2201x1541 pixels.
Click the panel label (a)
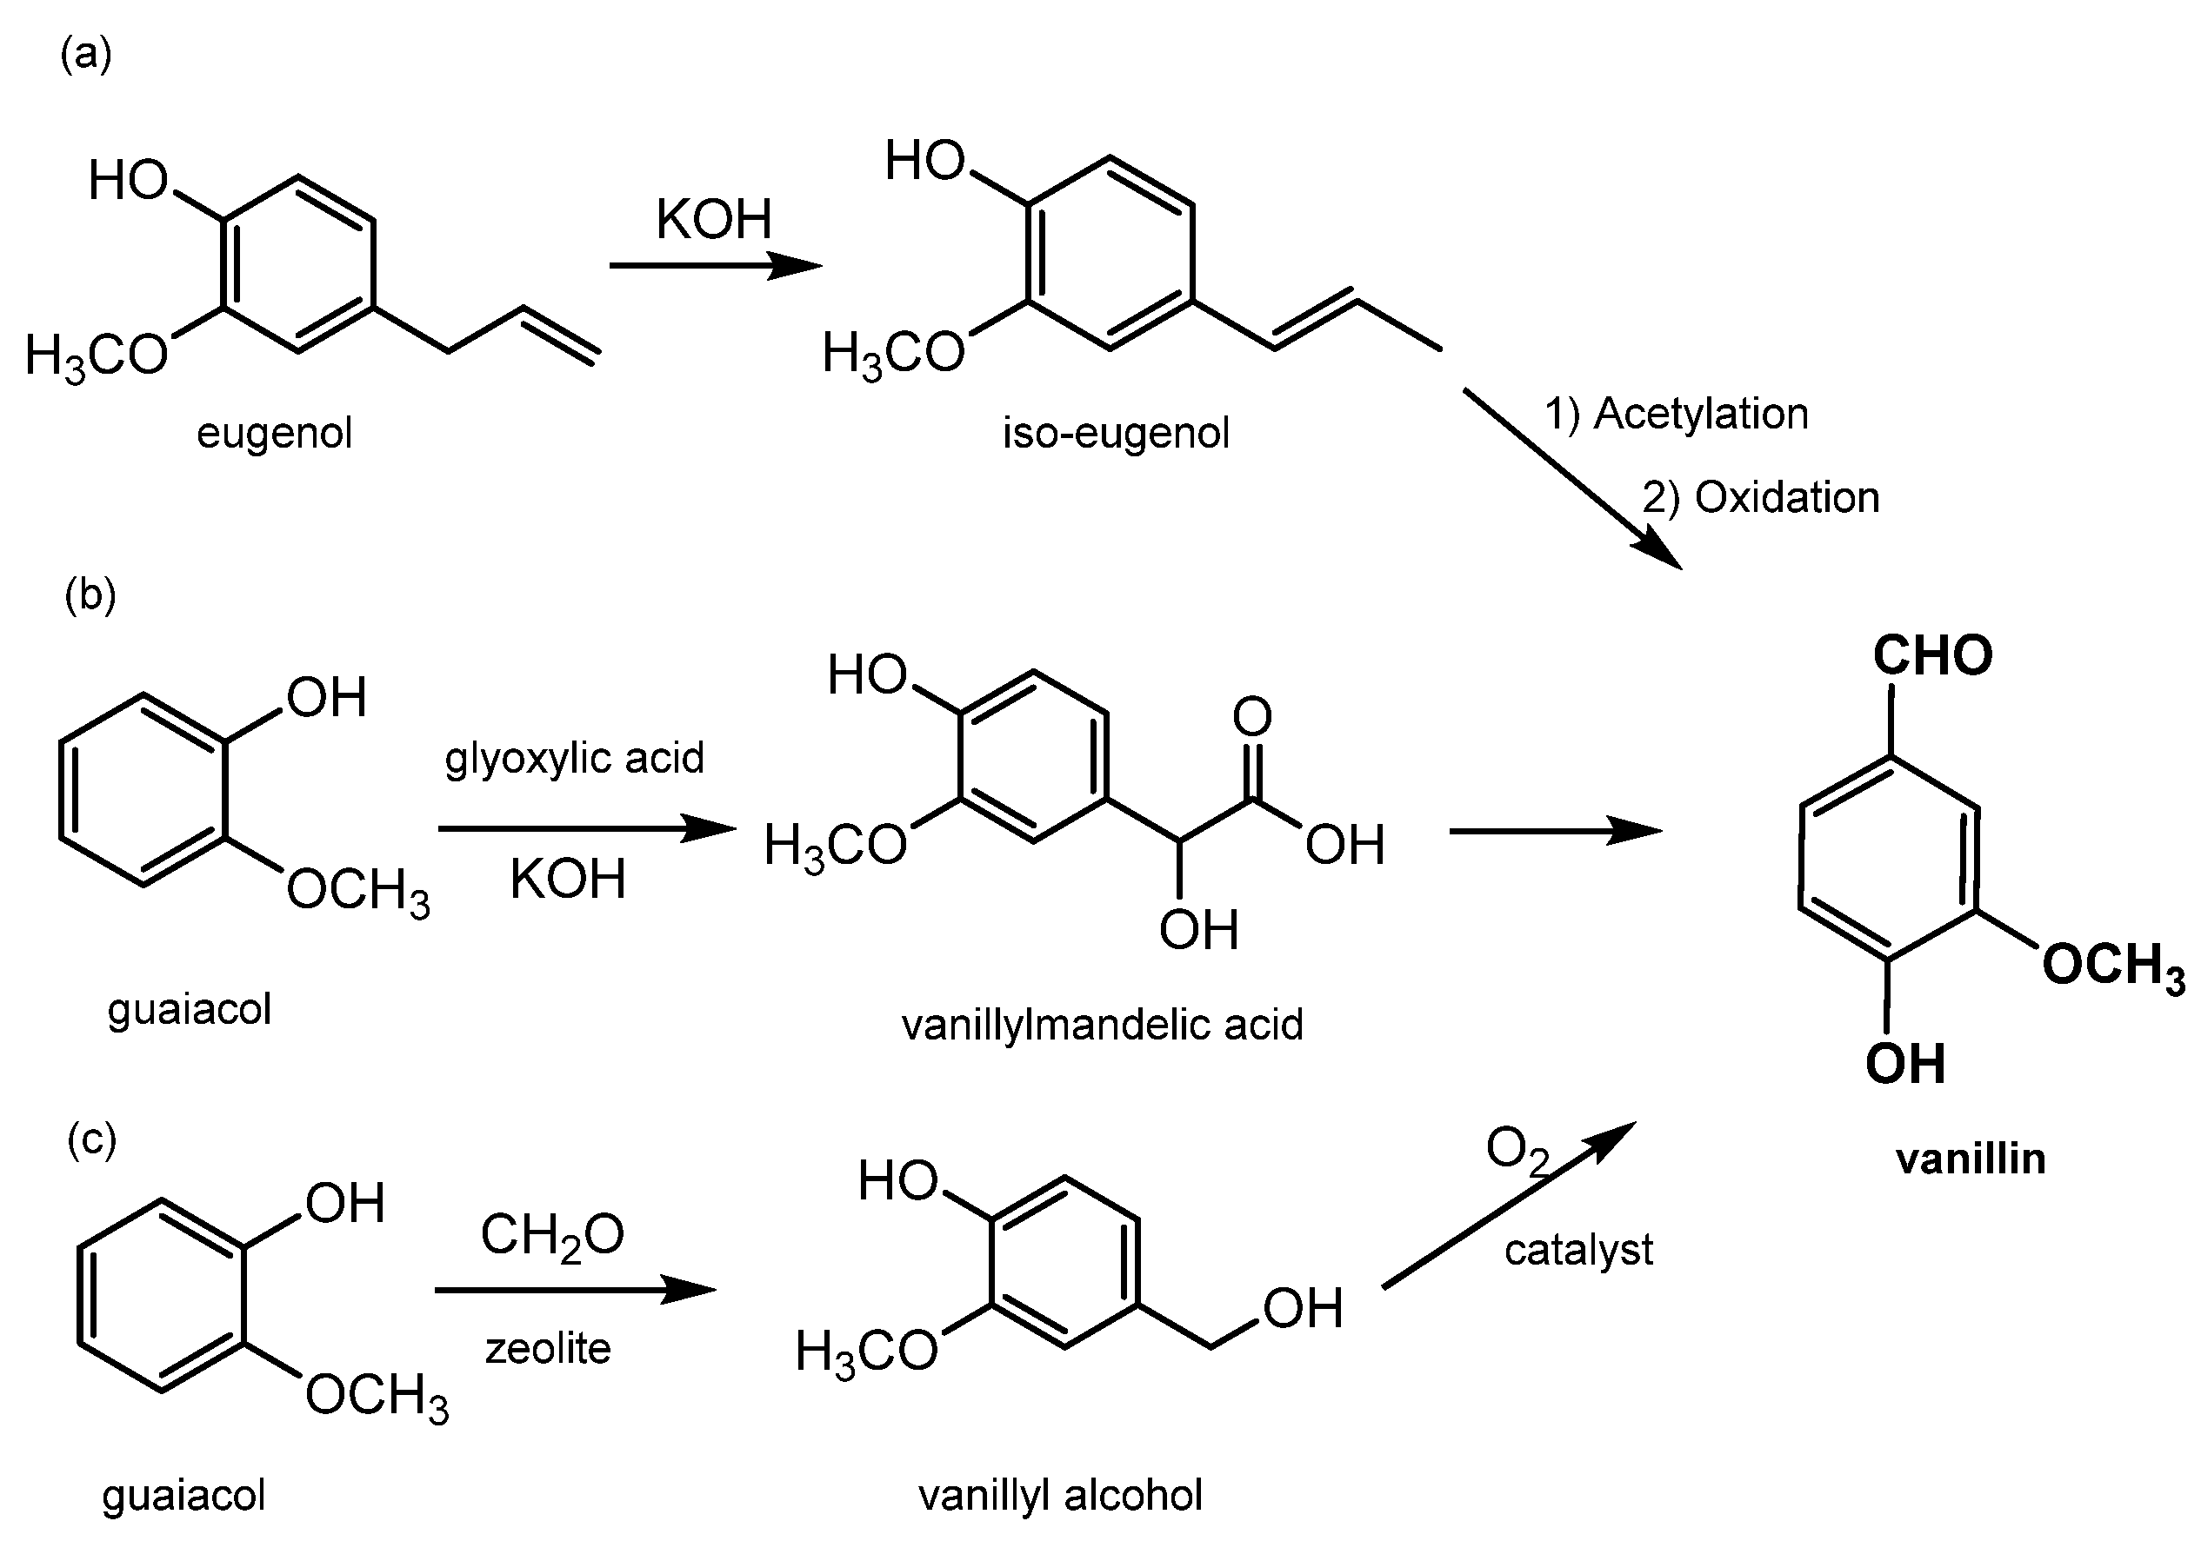pos(86,55)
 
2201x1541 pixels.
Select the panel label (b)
pos(90,595)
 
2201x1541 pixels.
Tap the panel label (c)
pos(91,1140)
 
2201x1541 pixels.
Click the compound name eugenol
pos(274,433)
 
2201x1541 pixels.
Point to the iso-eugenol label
pos(1116,433)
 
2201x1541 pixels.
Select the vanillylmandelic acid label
pos(1103,1026)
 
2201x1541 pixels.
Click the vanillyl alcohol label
pos(1060,1495)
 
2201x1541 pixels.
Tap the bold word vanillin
pos(1971,1159)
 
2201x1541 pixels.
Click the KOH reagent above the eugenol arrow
pos(713,221)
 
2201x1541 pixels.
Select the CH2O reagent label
pos(552,1236)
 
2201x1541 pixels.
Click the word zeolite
pos(547,1349)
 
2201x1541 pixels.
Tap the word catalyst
pos(1577,1250)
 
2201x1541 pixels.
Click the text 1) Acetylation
pos(1676,414)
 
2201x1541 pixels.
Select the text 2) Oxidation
pos(1760,497)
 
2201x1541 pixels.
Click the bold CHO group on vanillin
pos(1932,655)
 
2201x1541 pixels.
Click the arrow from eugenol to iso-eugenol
pos(715,265)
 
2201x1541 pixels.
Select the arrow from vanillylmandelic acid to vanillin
pos(1554,831)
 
